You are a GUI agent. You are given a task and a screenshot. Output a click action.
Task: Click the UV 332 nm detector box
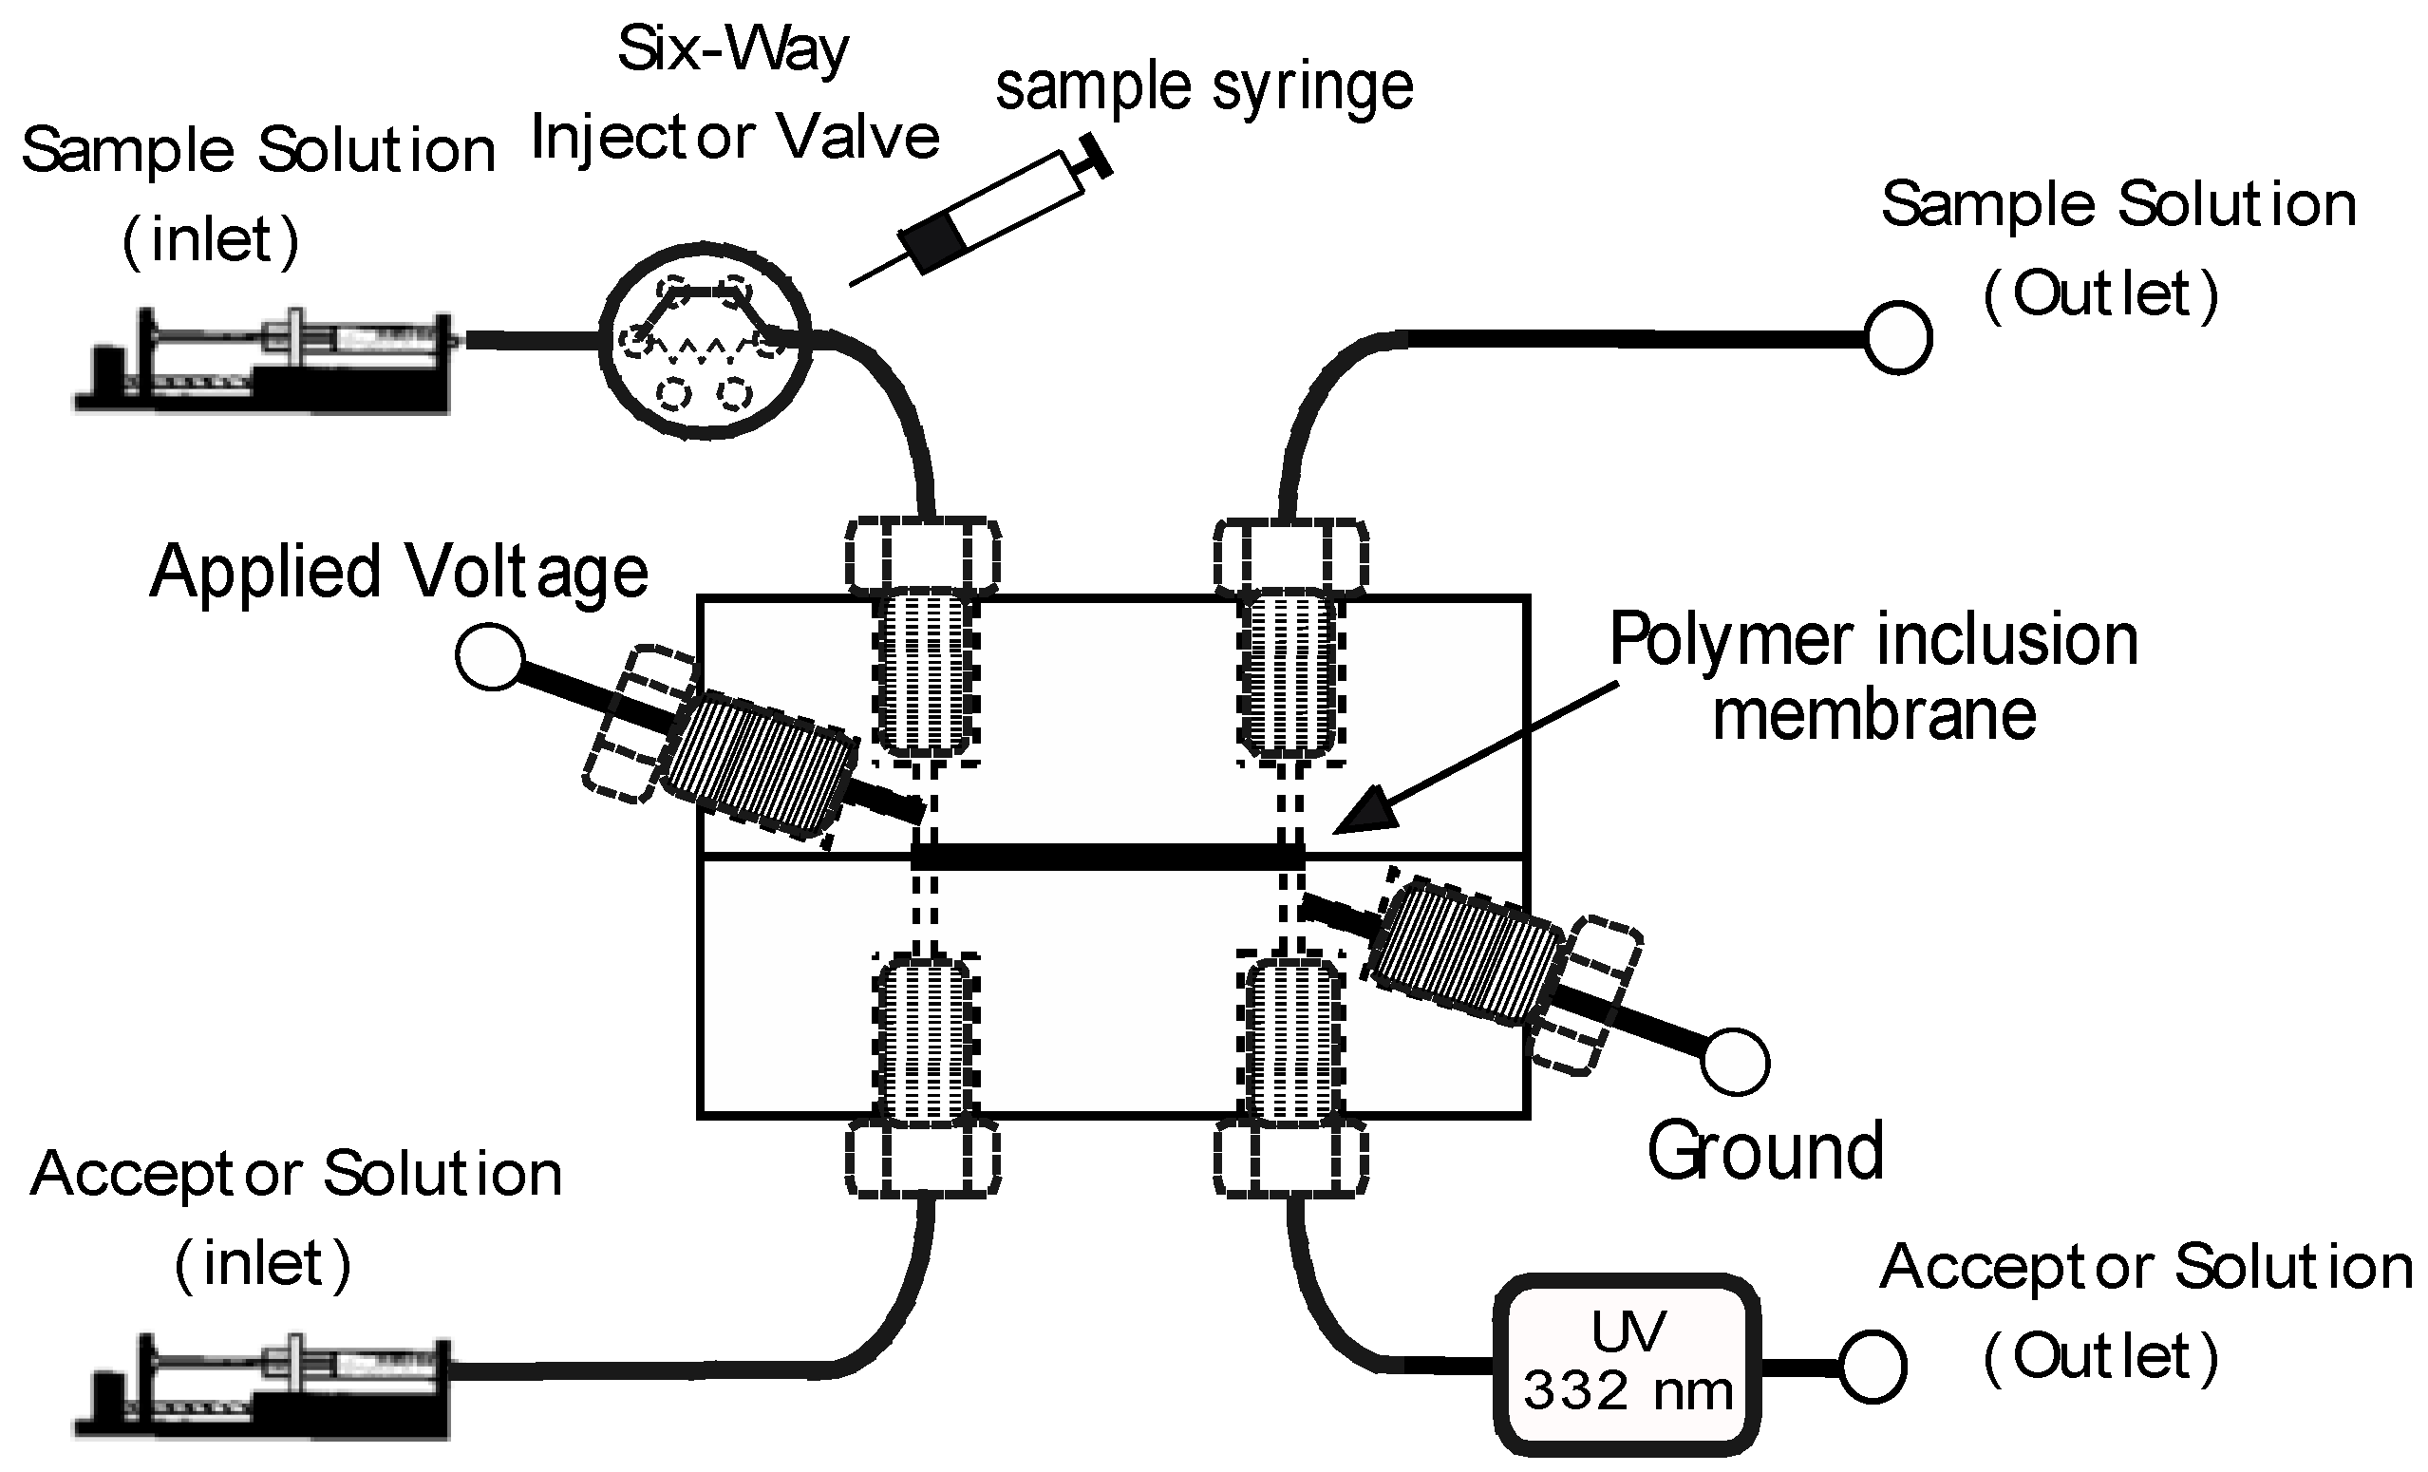click(1627, 1365)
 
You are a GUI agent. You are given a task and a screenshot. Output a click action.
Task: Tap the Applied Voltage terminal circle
click(490, 656)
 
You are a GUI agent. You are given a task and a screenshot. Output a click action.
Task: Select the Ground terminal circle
click(1735, 1062)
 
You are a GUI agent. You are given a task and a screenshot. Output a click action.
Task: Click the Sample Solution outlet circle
click(1898, 338)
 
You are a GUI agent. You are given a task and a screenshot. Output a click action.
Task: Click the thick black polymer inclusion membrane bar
click(1107, 857)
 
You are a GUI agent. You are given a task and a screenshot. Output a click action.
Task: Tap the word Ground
click(1765, 1151)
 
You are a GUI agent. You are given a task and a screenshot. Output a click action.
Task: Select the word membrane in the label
click(1873, 715)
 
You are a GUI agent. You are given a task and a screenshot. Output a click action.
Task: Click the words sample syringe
click(1204, 88)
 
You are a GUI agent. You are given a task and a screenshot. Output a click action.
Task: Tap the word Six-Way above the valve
click(732, 49)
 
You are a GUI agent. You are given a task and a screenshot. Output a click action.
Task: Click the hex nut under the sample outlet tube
click(1289, 557)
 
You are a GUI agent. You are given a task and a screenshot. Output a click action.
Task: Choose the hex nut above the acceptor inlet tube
click(923, 1161)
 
